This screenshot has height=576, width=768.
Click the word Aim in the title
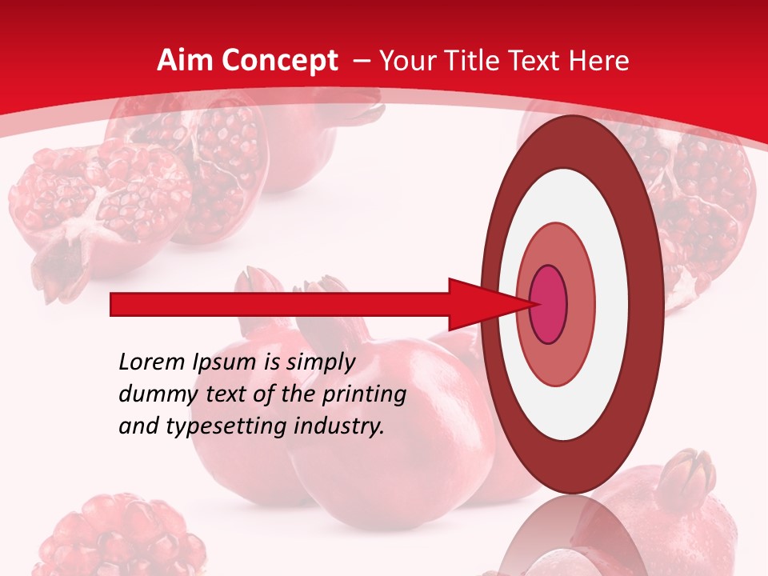pyautogui.click(x=185, y=61)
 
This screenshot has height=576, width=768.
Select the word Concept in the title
pyautogui.click(x=279, y=61)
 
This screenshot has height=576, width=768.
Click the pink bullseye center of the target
pyautogui.click(x=548, y=305)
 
